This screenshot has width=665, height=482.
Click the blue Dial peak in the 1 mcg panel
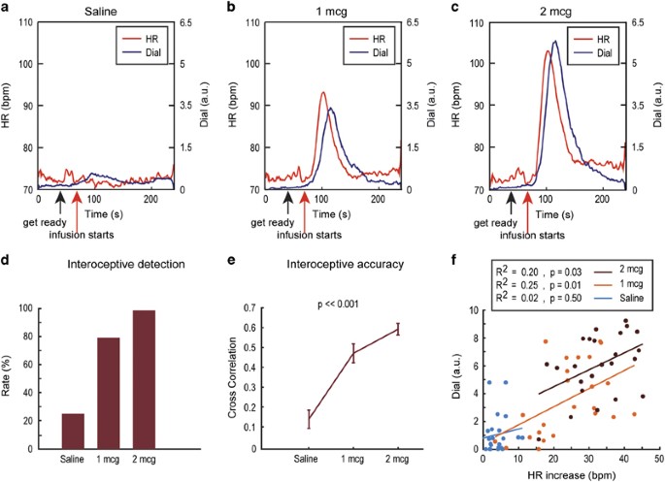pyautogui.click(x=331, y=109)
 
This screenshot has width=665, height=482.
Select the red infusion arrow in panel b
pyautogui.click(x=301, y=204)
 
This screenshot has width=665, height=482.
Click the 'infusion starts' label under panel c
pyautogui.click(x=528, y=234)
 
